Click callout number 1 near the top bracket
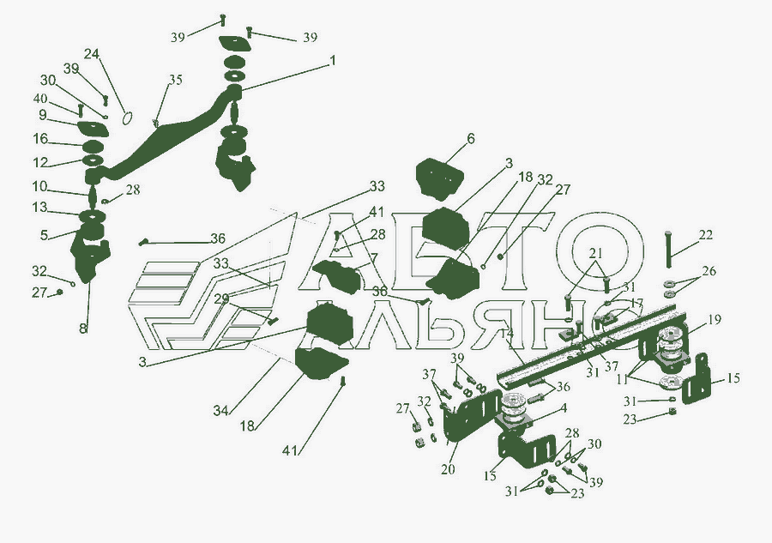click(x=332, y=61)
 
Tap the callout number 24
click(x=92, y=54)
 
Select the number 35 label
click(x=175, y=81)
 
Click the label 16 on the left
click(x=40, y=138)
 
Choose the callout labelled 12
click(x=40, y=162)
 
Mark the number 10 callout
click(x=40, y=186)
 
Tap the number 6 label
click(x=470, y=138)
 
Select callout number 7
click(x=373, y=257)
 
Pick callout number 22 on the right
click(x=705, y=235)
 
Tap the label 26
click(x=709, y=271)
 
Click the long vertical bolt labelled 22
click(x=667, y=250)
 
